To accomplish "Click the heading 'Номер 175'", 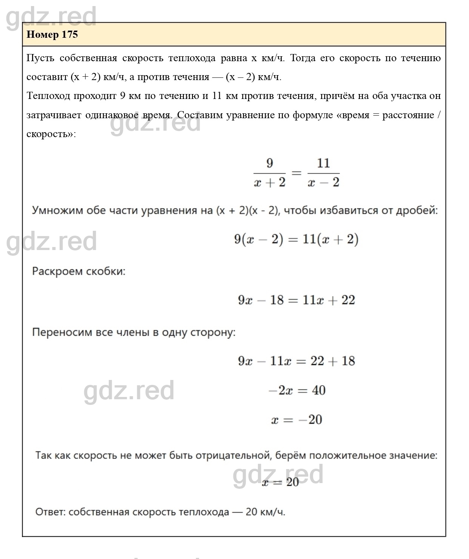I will [52, 34].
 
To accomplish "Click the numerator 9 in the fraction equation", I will [269, 163].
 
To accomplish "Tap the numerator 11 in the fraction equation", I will [323, 163].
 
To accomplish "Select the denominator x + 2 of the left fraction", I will [270, 183].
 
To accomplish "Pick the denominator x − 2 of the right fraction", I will [324, 183].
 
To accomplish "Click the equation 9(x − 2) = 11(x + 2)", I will [296, 239].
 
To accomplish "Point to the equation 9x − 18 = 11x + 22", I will [296, 300].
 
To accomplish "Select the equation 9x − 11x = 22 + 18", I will [296, 361].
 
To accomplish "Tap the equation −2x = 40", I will [297, 390].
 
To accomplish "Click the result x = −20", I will [297, 420].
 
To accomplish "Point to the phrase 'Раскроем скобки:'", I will [79, 272].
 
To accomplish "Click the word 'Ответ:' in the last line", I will [51, 512].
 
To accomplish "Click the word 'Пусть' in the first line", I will [40, 58].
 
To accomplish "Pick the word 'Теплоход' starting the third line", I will [48, 96].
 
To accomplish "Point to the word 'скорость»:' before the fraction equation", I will [51, 134].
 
